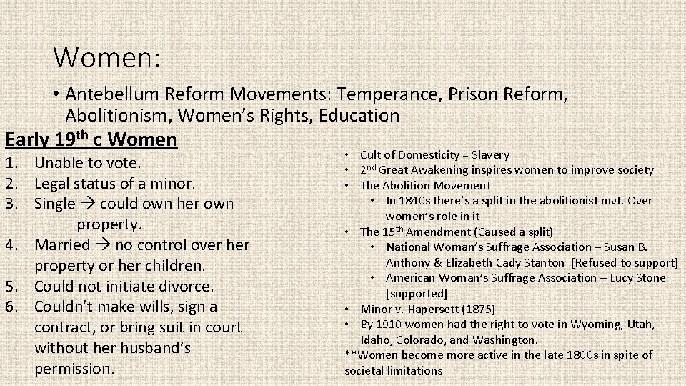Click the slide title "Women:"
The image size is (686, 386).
(x=108, y=56)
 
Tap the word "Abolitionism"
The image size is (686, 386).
(x=118, y=114)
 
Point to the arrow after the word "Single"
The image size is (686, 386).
(x=89, y=204)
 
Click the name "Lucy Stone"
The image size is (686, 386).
(x=637, y=278)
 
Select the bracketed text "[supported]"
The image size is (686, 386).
(x=416, y=293)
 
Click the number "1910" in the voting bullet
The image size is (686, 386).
(x=389, y=325)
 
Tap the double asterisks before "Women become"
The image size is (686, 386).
(x=350, y=355)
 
